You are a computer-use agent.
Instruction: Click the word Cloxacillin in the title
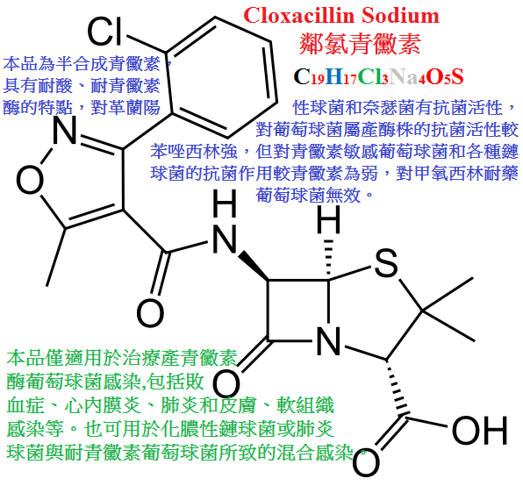coord(298,15)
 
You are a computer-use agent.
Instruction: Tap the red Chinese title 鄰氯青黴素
coord(360,44)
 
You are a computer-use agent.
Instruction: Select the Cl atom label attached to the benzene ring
coord(104,32)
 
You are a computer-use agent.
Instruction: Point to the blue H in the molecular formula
coord(333,76)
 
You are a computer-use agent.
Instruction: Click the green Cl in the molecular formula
coord(369,76)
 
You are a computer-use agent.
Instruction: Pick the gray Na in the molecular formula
coord(404,76)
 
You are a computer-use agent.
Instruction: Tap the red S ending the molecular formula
coord(457,76)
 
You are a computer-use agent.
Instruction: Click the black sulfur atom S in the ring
coord(386,264)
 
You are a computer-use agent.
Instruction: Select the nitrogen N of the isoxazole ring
coord(65,130)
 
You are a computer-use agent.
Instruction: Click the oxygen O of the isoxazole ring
coord(30,180)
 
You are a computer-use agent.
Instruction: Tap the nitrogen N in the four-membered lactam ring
coord(328,340)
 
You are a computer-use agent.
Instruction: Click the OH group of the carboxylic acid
coord(480,431)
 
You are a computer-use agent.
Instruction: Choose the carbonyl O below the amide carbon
coord(150,313)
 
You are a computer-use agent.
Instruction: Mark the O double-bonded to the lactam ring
coord(226,384)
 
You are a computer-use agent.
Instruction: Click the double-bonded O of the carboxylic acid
coord(366,462)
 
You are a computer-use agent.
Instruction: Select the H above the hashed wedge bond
coord(328,219)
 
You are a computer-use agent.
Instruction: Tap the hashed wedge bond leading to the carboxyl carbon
coord(397,389)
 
